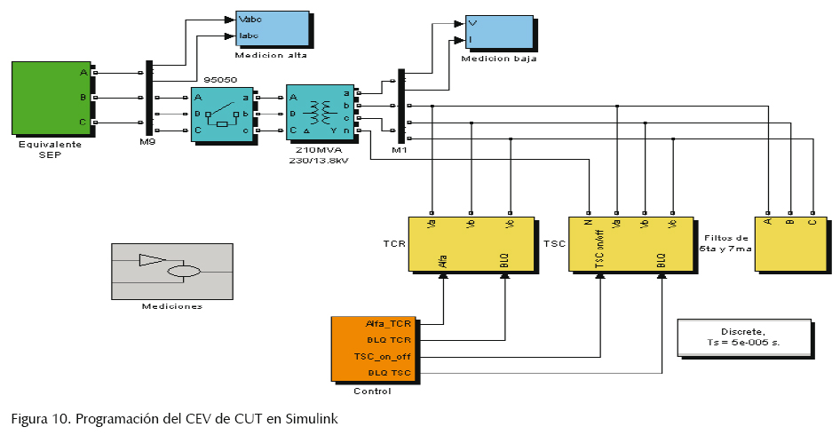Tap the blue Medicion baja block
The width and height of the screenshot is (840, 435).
click(x=499, y=32)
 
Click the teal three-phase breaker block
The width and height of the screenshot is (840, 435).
click(x=221, y=114)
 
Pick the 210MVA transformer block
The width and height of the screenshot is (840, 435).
click(x=320, y=113)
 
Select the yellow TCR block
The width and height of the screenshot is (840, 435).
click(x=471, y=244)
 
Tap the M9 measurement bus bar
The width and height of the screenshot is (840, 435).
click(x=148, y=99)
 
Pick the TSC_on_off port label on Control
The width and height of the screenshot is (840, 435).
click(x=384, y=356)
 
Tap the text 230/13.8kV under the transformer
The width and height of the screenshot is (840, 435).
click(x=318, y=161)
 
